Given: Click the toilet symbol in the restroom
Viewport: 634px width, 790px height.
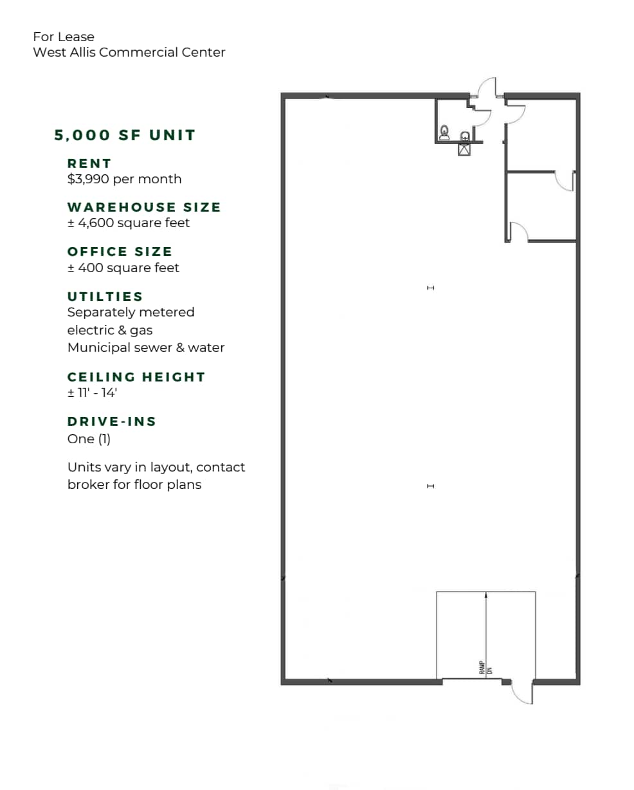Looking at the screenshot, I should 444,133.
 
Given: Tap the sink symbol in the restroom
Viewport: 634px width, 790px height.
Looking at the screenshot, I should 465,136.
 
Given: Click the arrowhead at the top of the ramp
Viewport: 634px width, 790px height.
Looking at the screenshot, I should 486,595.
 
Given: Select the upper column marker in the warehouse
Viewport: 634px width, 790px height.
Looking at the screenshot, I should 431,288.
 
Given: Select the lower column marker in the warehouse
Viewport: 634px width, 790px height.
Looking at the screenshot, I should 431,486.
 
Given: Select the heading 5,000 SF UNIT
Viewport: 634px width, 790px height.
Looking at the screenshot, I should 125,135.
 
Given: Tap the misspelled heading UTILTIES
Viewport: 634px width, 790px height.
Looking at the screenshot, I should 105,297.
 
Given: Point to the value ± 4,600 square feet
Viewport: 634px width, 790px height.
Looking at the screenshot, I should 129,223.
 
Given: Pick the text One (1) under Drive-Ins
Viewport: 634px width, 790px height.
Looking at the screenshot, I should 89,439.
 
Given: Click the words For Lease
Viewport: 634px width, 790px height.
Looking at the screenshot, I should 64,37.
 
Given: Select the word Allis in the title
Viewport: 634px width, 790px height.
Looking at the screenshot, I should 80,52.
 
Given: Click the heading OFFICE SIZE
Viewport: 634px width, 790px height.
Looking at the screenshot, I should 120,252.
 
